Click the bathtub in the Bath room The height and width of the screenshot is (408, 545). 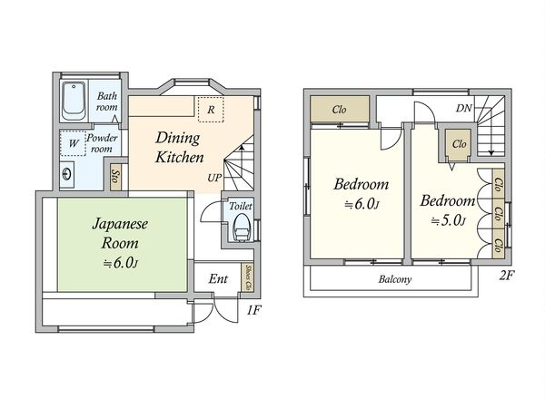(x=74, y=101)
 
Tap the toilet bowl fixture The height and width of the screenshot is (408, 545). (x=242, y=228)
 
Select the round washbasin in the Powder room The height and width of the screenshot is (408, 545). (x=66, y=174)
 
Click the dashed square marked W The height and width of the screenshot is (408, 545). (x=73, y=143)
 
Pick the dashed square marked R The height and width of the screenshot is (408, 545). (x=211, y=110)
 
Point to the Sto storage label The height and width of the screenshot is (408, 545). (x=115, y=177)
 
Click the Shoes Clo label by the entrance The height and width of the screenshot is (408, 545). (x=248, y=278)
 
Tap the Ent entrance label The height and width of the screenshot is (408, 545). (x=218, y=278)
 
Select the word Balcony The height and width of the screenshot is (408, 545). (x=395, y=279)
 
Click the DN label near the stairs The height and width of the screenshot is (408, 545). (x=463, y=108)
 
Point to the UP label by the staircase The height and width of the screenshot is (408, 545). (x=214, y=178)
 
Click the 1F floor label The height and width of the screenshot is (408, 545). (x=253, y=310)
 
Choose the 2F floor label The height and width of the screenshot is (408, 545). (x=507, y=276)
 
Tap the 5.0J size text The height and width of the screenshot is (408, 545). (x=449, y=220)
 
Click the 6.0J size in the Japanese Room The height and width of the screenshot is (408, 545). (x=121, y=263)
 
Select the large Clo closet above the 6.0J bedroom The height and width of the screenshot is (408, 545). (x=340, y=110)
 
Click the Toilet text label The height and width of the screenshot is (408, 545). (x=240, y=206)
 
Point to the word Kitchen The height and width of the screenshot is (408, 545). (x=179, y=157)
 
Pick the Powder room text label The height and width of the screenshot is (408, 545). (x=102, y=143)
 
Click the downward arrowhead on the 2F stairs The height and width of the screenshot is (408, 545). (x=490, y=152)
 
